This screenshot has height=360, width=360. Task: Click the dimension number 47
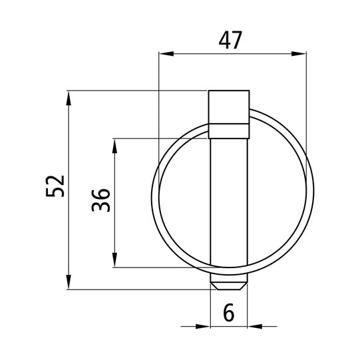coord(230,40)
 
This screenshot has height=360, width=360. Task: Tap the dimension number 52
coord(55,186)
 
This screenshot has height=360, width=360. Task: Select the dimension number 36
coord(100,200)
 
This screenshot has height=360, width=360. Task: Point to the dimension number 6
coord(229,312)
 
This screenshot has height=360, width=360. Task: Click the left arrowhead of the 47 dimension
coord(166,54)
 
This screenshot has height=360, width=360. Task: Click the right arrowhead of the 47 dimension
coord(299,54)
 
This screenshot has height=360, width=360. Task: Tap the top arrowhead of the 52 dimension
coord(69,98)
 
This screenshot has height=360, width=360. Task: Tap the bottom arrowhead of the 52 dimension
coord(69,282)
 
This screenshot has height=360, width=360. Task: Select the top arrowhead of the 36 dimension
coord(114,146)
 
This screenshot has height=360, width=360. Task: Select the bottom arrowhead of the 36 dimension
coord(114,260)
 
